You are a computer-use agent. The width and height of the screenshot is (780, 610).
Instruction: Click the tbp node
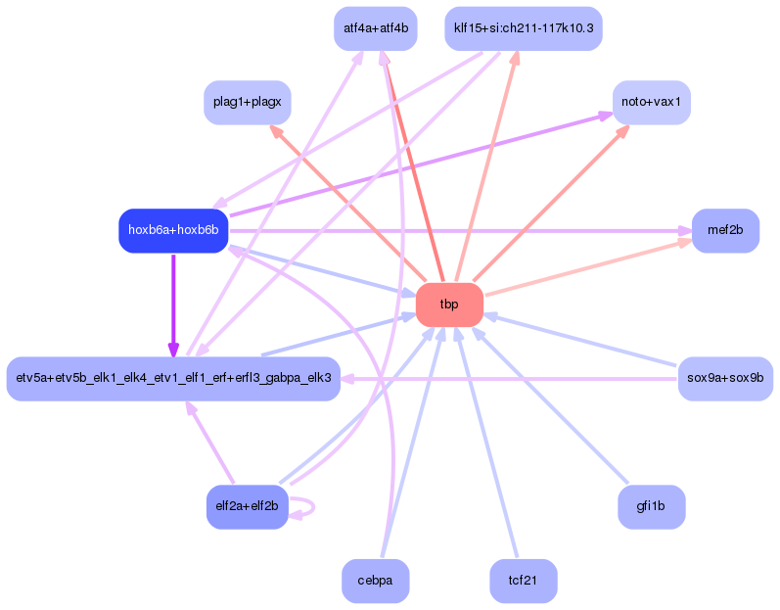click(x=449, y=305)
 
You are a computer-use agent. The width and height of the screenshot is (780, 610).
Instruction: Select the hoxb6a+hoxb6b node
click(x=173, y=230)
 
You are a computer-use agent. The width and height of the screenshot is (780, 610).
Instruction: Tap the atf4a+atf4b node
click(x=376, y=28)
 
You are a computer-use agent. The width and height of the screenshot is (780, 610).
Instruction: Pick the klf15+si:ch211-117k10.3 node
click(x=524, y=28)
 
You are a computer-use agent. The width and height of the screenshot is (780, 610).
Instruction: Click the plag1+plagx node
click(x=248, y=103)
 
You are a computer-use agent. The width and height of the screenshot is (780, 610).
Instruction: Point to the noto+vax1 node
click(x=651, y=103)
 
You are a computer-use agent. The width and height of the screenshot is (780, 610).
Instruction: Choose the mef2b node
click(x=725, y=230)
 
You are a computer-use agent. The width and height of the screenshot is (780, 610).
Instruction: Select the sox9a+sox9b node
click(x=725, y=379)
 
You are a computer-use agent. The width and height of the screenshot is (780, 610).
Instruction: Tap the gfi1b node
click(x=651, y=507)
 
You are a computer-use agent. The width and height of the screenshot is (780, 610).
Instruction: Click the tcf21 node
click(x=524, y=581)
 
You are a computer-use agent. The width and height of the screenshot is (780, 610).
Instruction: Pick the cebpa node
click(x=376, y=581)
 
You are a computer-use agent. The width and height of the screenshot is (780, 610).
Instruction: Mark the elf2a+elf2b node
click(x=248, y=507)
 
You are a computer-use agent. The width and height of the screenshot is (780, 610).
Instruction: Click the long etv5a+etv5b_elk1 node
click(x=173, y=379)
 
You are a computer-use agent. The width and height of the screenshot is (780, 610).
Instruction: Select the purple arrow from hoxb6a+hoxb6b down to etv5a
click(x=173, y=305)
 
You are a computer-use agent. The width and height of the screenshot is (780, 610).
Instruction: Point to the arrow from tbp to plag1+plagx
click(x=347, y=203)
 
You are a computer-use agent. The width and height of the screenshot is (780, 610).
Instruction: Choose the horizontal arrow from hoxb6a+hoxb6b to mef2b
click(x=460, y=231)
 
